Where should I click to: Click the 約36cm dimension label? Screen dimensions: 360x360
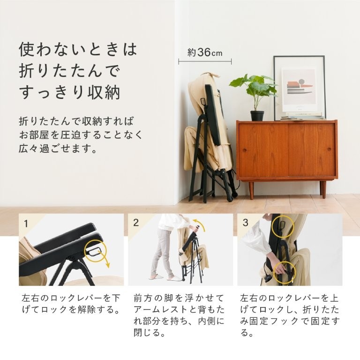pyautogui.click(x=205, y=52)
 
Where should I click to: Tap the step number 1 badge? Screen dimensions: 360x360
pyautogui.click(x=26, y=223)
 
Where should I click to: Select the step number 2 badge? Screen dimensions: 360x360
pyautogui.click(x=136, y=223)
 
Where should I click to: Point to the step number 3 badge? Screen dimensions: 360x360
pyautogui.click(x=245, y=223)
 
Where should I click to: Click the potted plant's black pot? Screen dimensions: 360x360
pyautogui.click(x=257, y=115)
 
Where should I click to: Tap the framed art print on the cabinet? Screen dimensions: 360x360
pyautogui.click(x=299, y=87)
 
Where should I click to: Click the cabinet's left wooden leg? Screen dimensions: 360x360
pyautogui.click(x=251, y=190)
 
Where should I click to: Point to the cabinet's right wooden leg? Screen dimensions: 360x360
pyautogui.click(x=323, y=189)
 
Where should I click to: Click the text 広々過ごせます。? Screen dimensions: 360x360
pyautogui.click(x=58, y=150)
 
